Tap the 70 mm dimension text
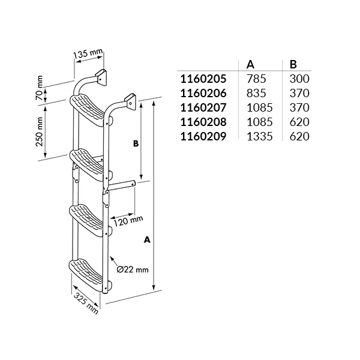click(40, 88)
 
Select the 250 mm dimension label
click(40, 131)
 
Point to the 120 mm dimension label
click(128, 221)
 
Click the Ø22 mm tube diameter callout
click(133, 269)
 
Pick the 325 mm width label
click(86, 304)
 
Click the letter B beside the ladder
click(136, 143)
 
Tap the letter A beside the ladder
click(147, 239)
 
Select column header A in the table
click(250, 64)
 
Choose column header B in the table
click(293, 64)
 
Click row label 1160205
click(203, 79)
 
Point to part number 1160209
click(203, 136)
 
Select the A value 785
click(256, 79)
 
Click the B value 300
click(299, 79)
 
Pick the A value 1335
click(259, 136)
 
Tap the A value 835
click(256, 93)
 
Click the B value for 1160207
click(299, 107)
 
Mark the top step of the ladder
click(89, 110)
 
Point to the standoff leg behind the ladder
click(122, 185)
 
